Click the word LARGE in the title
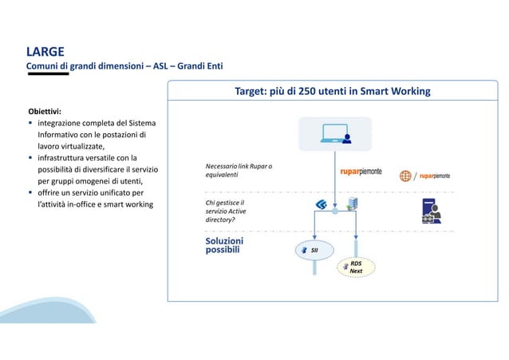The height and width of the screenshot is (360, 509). point(45,53)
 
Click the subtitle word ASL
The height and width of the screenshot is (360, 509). point(162,66)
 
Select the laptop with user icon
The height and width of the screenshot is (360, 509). point(335,134)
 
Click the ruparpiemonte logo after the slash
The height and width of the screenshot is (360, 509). point(436,176)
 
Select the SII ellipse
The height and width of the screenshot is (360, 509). point(314,250)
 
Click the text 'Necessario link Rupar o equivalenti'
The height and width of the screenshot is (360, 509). point(227,170)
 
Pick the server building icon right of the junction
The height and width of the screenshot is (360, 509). point(349,206)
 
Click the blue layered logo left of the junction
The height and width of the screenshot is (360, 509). point(321,206)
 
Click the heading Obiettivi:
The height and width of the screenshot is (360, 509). point(45,111)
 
